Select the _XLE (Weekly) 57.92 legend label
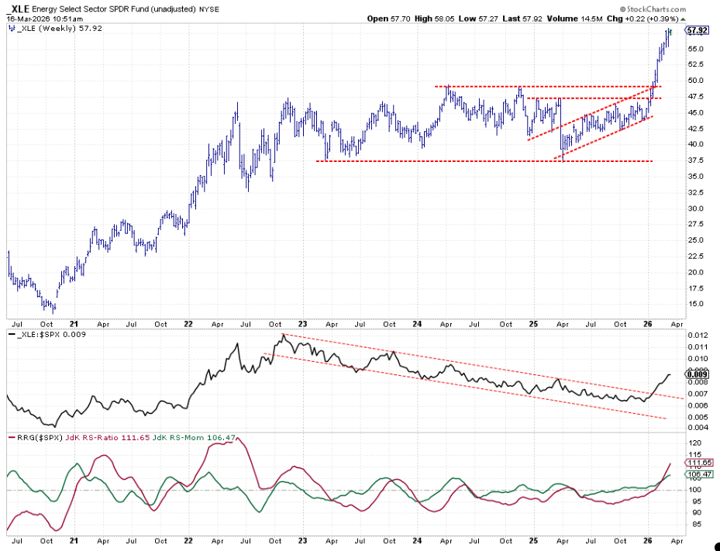click(52, 28)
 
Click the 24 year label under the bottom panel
click(417, 541)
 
